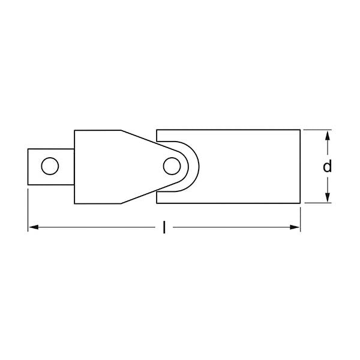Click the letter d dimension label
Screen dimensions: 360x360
click(327, 166)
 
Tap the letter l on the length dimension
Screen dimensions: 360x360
click(164, 227)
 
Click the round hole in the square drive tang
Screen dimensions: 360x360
click(50, 166)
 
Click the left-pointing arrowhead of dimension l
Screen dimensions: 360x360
click(34, 227)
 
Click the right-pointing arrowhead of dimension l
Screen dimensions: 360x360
click(295, 227)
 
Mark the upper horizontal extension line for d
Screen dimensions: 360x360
click(317, 129)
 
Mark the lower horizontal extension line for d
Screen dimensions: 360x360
click(317, 203)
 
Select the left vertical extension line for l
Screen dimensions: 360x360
click(28, 210)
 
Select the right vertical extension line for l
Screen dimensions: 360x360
click(300, 216)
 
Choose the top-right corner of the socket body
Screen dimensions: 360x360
click(300, 129)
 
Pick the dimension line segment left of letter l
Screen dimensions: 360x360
click(96, 227)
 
